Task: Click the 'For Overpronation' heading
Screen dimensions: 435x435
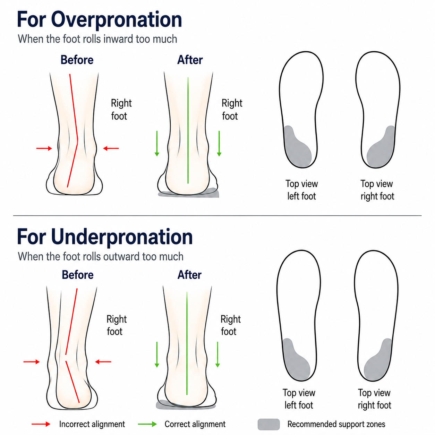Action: pos(99,20)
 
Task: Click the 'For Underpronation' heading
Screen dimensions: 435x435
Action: pos(105,237)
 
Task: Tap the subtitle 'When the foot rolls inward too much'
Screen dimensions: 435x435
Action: pos(97,39)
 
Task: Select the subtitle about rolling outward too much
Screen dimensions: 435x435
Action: pos(101,256)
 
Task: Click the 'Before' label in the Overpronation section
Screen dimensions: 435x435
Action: pos(77,60)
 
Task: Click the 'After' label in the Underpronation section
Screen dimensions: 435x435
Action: pos(189,275)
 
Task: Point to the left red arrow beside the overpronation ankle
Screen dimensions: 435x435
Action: pos(44,148)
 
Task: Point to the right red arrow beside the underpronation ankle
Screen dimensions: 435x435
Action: pos(103,362)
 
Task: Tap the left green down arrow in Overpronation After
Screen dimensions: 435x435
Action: pos(157,144)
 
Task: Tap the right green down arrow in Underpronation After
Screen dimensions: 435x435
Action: pos(217,355)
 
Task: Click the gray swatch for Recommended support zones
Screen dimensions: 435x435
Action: pos(268,424)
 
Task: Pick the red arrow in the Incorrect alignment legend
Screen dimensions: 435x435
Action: pos(41,424)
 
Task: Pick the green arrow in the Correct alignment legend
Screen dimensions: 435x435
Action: pos(147,424)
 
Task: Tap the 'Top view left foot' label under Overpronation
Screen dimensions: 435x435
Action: pos(301,190)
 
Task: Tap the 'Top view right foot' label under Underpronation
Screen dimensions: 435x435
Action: pos(375,399)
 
